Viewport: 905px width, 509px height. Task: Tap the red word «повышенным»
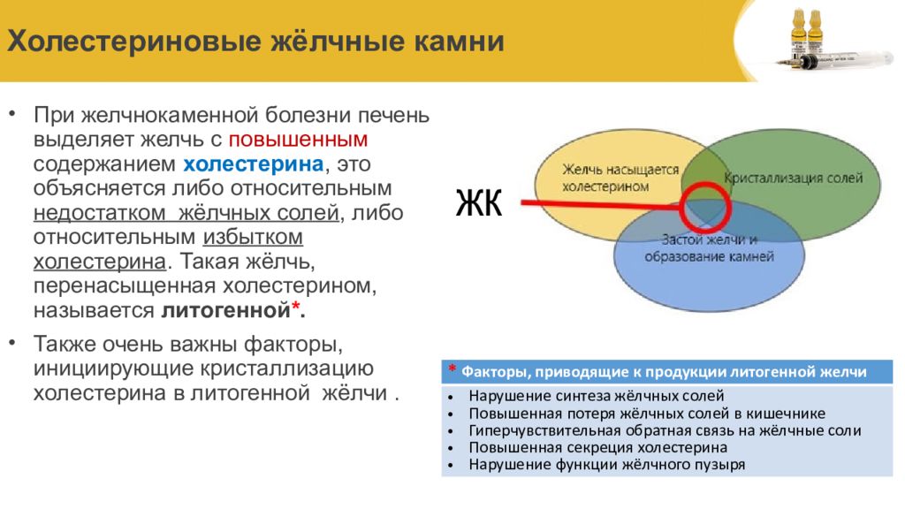[x=299, y=141]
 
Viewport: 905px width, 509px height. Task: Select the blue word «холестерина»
[x=254, y=164]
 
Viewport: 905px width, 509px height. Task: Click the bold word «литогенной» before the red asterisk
[x=225, y=310]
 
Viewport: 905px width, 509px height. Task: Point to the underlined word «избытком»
[x=253, y=237]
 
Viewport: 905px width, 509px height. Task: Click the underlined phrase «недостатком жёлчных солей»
[x=186, y=213]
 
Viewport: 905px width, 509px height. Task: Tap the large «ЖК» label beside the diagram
[x=479, y=203]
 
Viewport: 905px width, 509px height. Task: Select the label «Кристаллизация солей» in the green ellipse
[x=793, y=178]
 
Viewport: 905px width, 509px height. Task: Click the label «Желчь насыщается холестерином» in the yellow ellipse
[x=620, y=178]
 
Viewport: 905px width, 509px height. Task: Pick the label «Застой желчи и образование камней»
[x=710, y=248]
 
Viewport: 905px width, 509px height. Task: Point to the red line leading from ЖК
[x=600, y=204]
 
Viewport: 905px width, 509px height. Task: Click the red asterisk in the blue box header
[x=452, y=369]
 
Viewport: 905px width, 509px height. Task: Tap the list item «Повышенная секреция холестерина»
[x=598, y=448]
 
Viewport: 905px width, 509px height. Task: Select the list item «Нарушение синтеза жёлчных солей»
[x=597, y=397]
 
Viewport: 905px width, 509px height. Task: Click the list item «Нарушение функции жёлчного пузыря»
[x=606, y=465]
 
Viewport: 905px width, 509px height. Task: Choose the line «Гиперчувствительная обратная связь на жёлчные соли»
[x=665, y=431]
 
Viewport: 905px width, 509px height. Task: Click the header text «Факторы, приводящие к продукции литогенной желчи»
[x=664, y=372]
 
